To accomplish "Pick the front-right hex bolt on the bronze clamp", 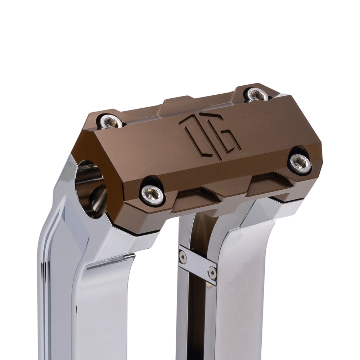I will click(x=300, y=163).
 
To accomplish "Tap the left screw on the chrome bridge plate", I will click(x=183, y=256).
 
